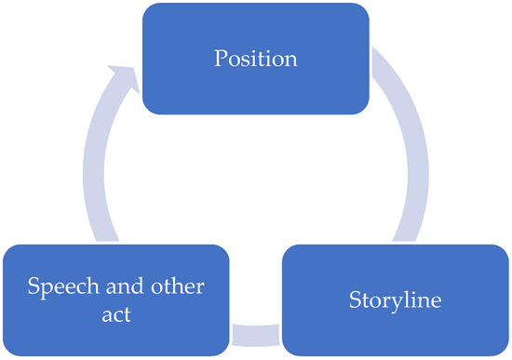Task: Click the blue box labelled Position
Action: click(255, 60)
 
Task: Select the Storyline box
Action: click(395, 300)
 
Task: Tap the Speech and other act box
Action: click(116, 300)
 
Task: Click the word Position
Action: click(255, 60)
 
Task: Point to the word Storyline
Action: click(395, 301)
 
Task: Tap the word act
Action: click(116, 314)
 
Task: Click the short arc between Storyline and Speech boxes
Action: click(255, 332)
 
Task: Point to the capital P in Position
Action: click(221, 60)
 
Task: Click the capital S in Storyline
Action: click(354, 300)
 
